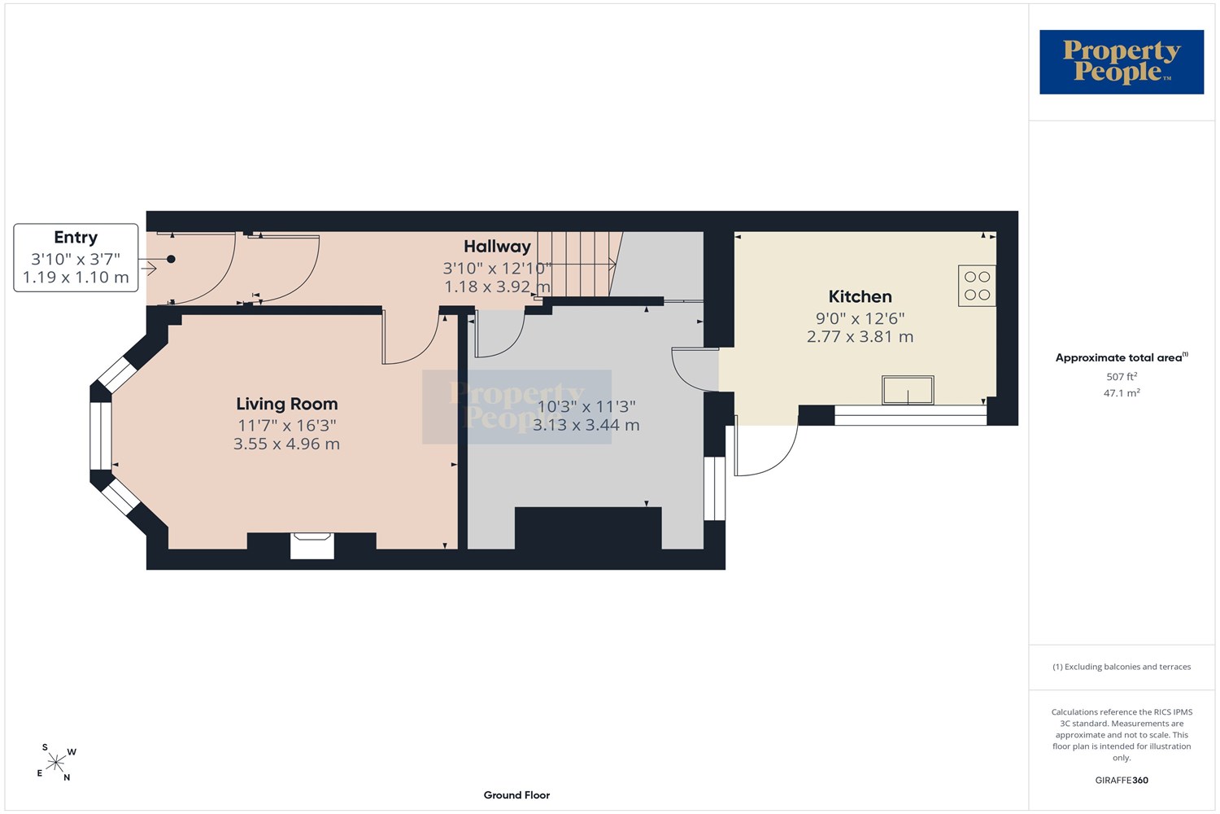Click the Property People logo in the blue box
pos(1122,62)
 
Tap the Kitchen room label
pos(860,296)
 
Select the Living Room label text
pos(287,404)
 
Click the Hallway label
pos(497,247)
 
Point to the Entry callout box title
pos(76,238)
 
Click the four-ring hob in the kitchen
pos(977,286)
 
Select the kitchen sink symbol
pos(908,391)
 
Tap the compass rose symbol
pos(55,762)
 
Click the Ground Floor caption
pos(516,795)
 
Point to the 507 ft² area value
pos(1122,376)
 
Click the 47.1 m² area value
pos(1122,392)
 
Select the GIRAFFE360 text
pos(1122,780)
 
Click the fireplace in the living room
pos(312,545)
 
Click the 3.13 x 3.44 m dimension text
pos(586,425)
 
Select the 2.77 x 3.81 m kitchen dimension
pos(860,337)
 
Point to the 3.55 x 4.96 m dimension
pos(286,444)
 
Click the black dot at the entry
pos(171,259)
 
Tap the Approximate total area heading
pos(1122,357)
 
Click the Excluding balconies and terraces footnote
pos(1122,667)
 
